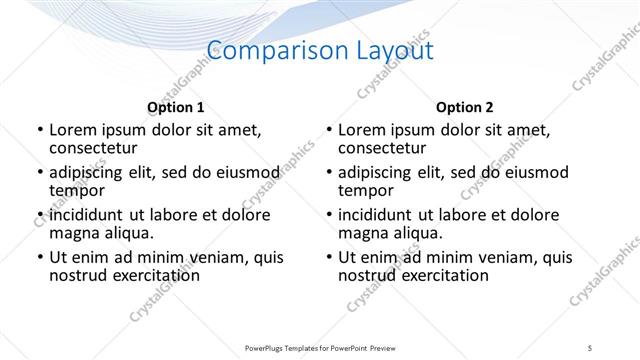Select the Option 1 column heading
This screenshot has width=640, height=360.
click(x=176, y=107)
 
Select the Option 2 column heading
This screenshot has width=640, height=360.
click(x=464, y=107)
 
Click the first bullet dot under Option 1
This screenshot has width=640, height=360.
click(x=39, y=130)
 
